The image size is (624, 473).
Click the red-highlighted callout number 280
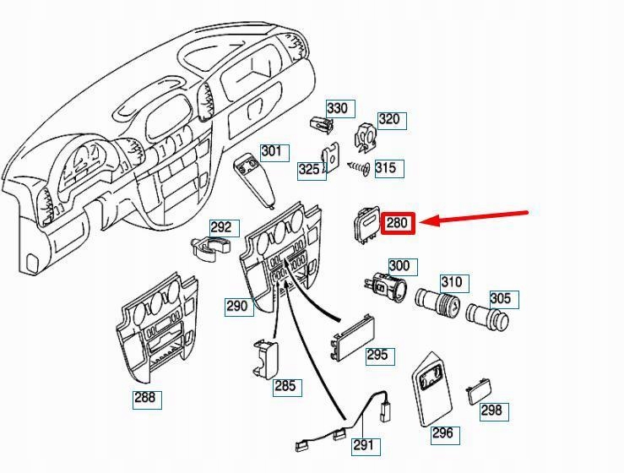[x=397, y=224]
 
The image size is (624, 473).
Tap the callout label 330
[x=338, y=109]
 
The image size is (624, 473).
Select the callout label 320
[x=389, y=119]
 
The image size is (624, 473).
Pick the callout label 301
[x=272, y=152]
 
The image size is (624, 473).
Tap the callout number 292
[x=221, y=227]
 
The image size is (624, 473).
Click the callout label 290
[x=238, y=306]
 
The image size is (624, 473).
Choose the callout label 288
[x=146, y=398]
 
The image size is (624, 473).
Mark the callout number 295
[x=377, y=355]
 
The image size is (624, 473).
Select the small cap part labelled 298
[x=477, y=391]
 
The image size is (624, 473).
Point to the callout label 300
[x=399, y=266]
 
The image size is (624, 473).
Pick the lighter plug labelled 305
[x=488, y=316]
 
